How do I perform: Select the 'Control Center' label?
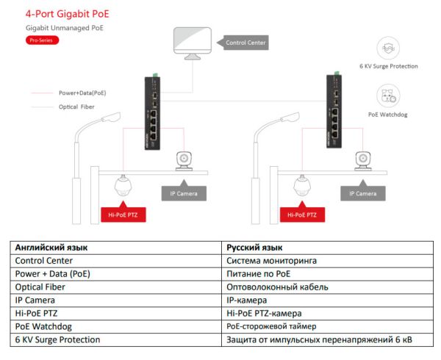click(245, 43)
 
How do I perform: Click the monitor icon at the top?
click(192, 46)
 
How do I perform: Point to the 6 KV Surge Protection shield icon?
click(388, 49)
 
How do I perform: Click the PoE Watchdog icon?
click(388, 96)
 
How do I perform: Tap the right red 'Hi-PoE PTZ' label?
click(301, 215)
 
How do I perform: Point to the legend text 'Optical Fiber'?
click(77, 107)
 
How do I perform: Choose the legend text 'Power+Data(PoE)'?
click(82, 93)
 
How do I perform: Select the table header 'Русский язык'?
click(254, 248)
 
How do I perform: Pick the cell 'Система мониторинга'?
click(272, 260)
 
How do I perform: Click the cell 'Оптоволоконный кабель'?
click(277, 287)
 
